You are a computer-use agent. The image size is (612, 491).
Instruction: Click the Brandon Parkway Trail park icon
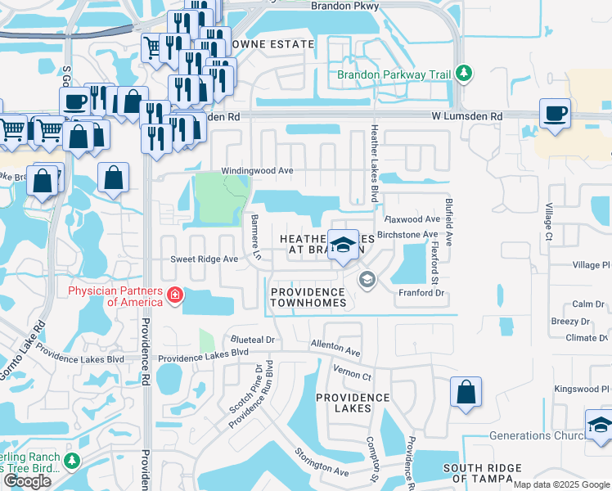464,74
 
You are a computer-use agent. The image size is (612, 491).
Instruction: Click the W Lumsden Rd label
467,117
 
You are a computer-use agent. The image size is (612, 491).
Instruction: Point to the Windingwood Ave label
257,171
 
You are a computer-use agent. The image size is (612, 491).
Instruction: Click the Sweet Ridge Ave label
204,259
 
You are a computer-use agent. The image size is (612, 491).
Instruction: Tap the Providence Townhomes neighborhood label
308,297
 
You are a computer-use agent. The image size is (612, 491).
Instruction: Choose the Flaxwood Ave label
413,219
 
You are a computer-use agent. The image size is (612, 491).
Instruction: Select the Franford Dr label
421,292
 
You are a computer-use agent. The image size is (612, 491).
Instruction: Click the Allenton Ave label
336,349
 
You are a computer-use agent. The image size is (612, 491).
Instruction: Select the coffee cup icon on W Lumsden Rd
555,113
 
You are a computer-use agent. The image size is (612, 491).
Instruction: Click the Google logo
28,481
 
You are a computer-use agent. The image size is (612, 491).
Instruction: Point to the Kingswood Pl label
582,389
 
